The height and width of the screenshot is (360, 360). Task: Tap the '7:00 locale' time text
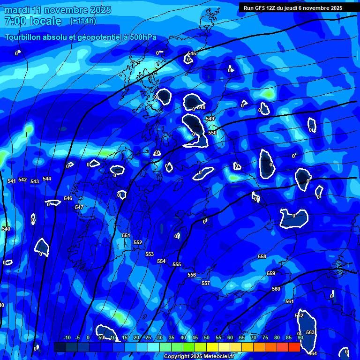point(33,21)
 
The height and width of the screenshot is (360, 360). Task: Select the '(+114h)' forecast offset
point(83,21)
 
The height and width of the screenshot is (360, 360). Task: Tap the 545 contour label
point(192,54)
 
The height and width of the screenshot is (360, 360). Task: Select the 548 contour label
point(201,107)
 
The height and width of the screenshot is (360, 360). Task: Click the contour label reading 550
point(212,133)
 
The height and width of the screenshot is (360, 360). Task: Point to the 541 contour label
point(12,181)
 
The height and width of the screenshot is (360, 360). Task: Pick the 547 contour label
point(79,207)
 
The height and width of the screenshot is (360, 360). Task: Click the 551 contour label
point(126,235)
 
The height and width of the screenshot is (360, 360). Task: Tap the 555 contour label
point(177,265)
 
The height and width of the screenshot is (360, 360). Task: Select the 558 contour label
point(262,256)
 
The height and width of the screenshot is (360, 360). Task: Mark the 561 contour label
point(289,301)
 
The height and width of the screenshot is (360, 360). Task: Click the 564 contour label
point(313,353)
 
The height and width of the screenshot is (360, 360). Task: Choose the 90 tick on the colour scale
point(300,337)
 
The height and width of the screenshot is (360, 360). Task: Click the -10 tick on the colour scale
point(67,337)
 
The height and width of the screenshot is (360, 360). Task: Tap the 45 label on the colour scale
point(195,337)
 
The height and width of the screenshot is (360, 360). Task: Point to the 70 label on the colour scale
point(254,337)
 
